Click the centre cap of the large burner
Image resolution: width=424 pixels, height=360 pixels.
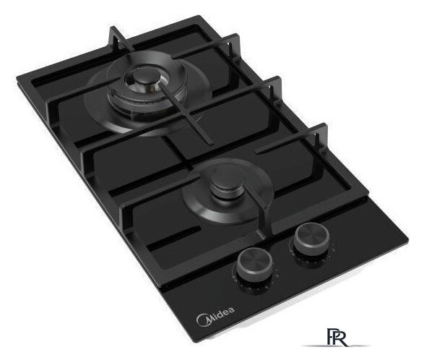[142, 76]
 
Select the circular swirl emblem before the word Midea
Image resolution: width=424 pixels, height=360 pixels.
[202, 320]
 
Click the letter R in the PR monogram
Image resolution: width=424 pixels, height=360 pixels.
[342, 338]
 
